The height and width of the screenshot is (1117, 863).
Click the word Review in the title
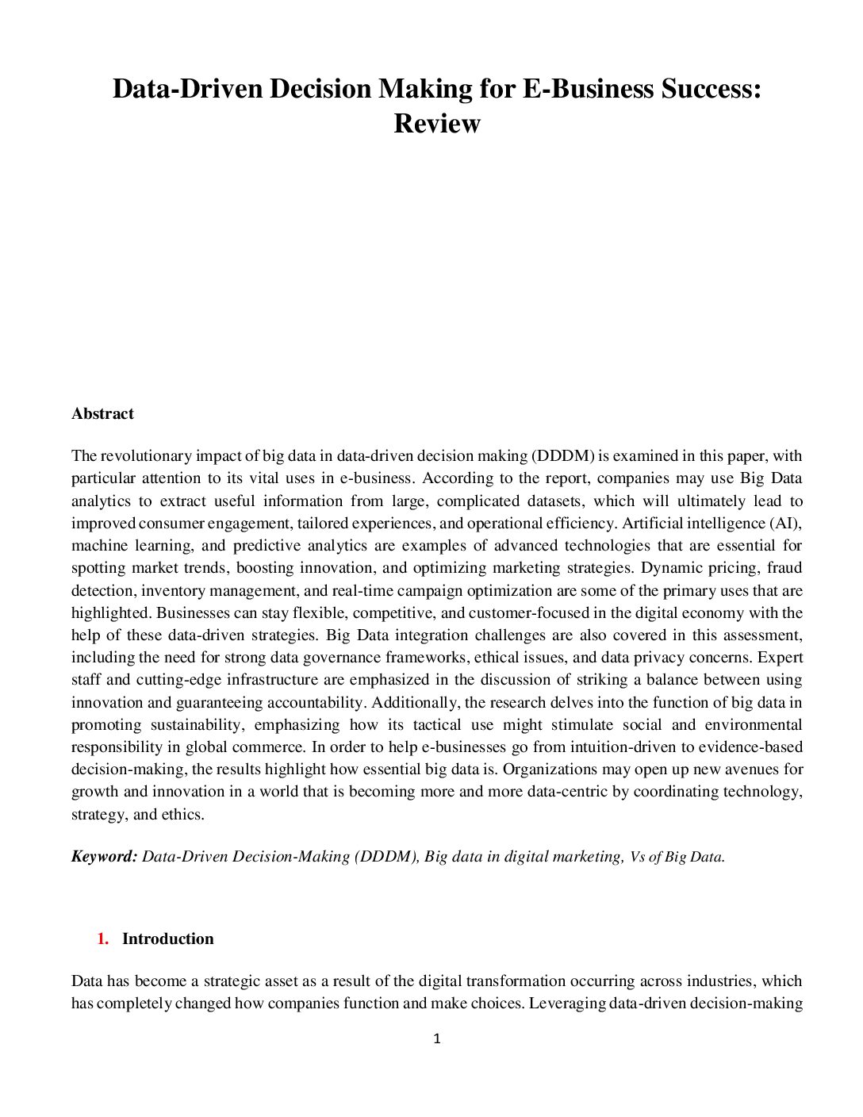437,124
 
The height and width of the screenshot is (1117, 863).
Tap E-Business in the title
588,88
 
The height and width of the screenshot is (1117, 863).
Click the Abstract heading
102,413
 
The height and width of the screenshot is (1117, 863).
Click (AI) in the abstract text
784,523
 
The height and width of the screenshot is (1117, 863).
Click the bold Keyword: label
104,856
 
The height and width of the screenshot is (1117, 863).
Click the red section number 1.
102,939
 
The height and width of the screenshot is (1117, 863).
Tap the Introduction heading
167,939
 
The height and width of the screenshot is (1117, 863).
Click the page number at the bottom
437,1038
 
